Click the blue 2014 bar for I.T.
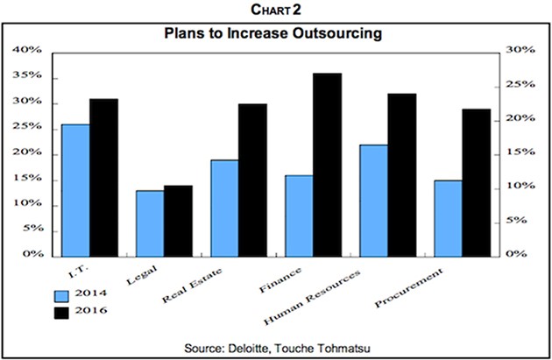pyautogui.click(x=75, y=189)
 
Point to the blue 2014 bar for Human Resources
pyautogui.click(x=373, y=200)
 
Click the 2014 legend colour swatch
pyautogui.click(x=62, y=295)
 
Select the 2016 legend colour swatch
pyautogui.click(x=62, y=311)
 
